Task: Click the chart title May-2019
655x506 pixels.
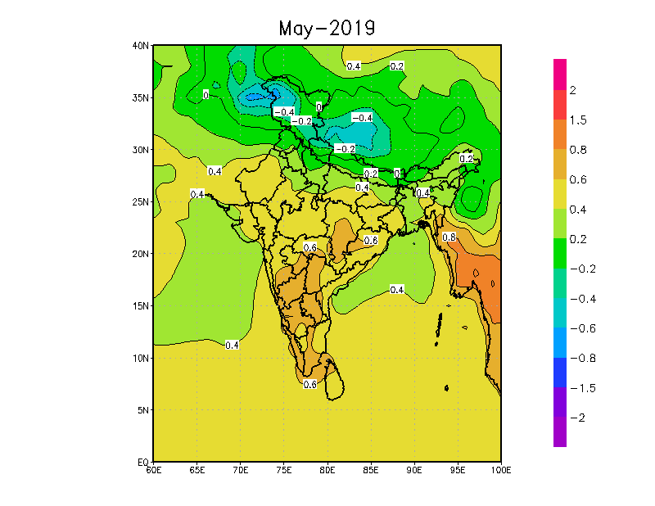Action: pos(327,29)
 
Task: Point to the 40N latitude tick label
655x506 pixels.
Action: pos(140,46)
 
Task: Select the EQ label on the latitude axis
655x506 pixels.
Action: pos(143,462)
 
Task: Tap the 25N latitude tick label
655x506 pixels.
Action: pos(140,202)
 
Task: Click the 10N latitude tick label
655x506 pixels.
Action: pos(140,358)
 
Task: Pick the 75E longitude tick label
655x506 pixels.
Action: pos(284,471)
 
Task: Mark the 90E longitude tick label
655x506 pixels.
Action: pos(414,471)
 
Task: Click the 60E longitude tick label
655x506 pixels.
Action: pos(153,471)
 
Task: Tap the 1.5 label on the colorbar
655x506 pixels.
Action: pos(578,120)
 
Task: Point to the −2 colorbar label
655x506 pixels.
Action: pos(577,418)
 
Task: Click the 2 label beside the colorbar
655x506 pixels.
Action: pos(573,90)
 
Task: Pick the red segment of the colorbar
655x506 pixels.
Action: pos(560,104)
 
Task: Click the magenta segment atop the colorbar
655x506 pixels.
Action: pos(560,74)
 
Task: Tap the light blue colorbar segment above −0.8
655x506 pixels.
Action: pos(560,342)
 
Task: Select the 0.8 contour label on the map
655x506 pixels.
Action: pos(449,237)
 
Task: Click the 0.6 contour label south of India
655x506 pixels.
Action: pos(310,384)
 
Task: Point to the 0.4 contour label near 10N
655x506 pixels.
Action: pos(232,346)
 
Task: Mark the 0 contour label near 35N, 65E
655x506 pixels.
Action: pos(206,96)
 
